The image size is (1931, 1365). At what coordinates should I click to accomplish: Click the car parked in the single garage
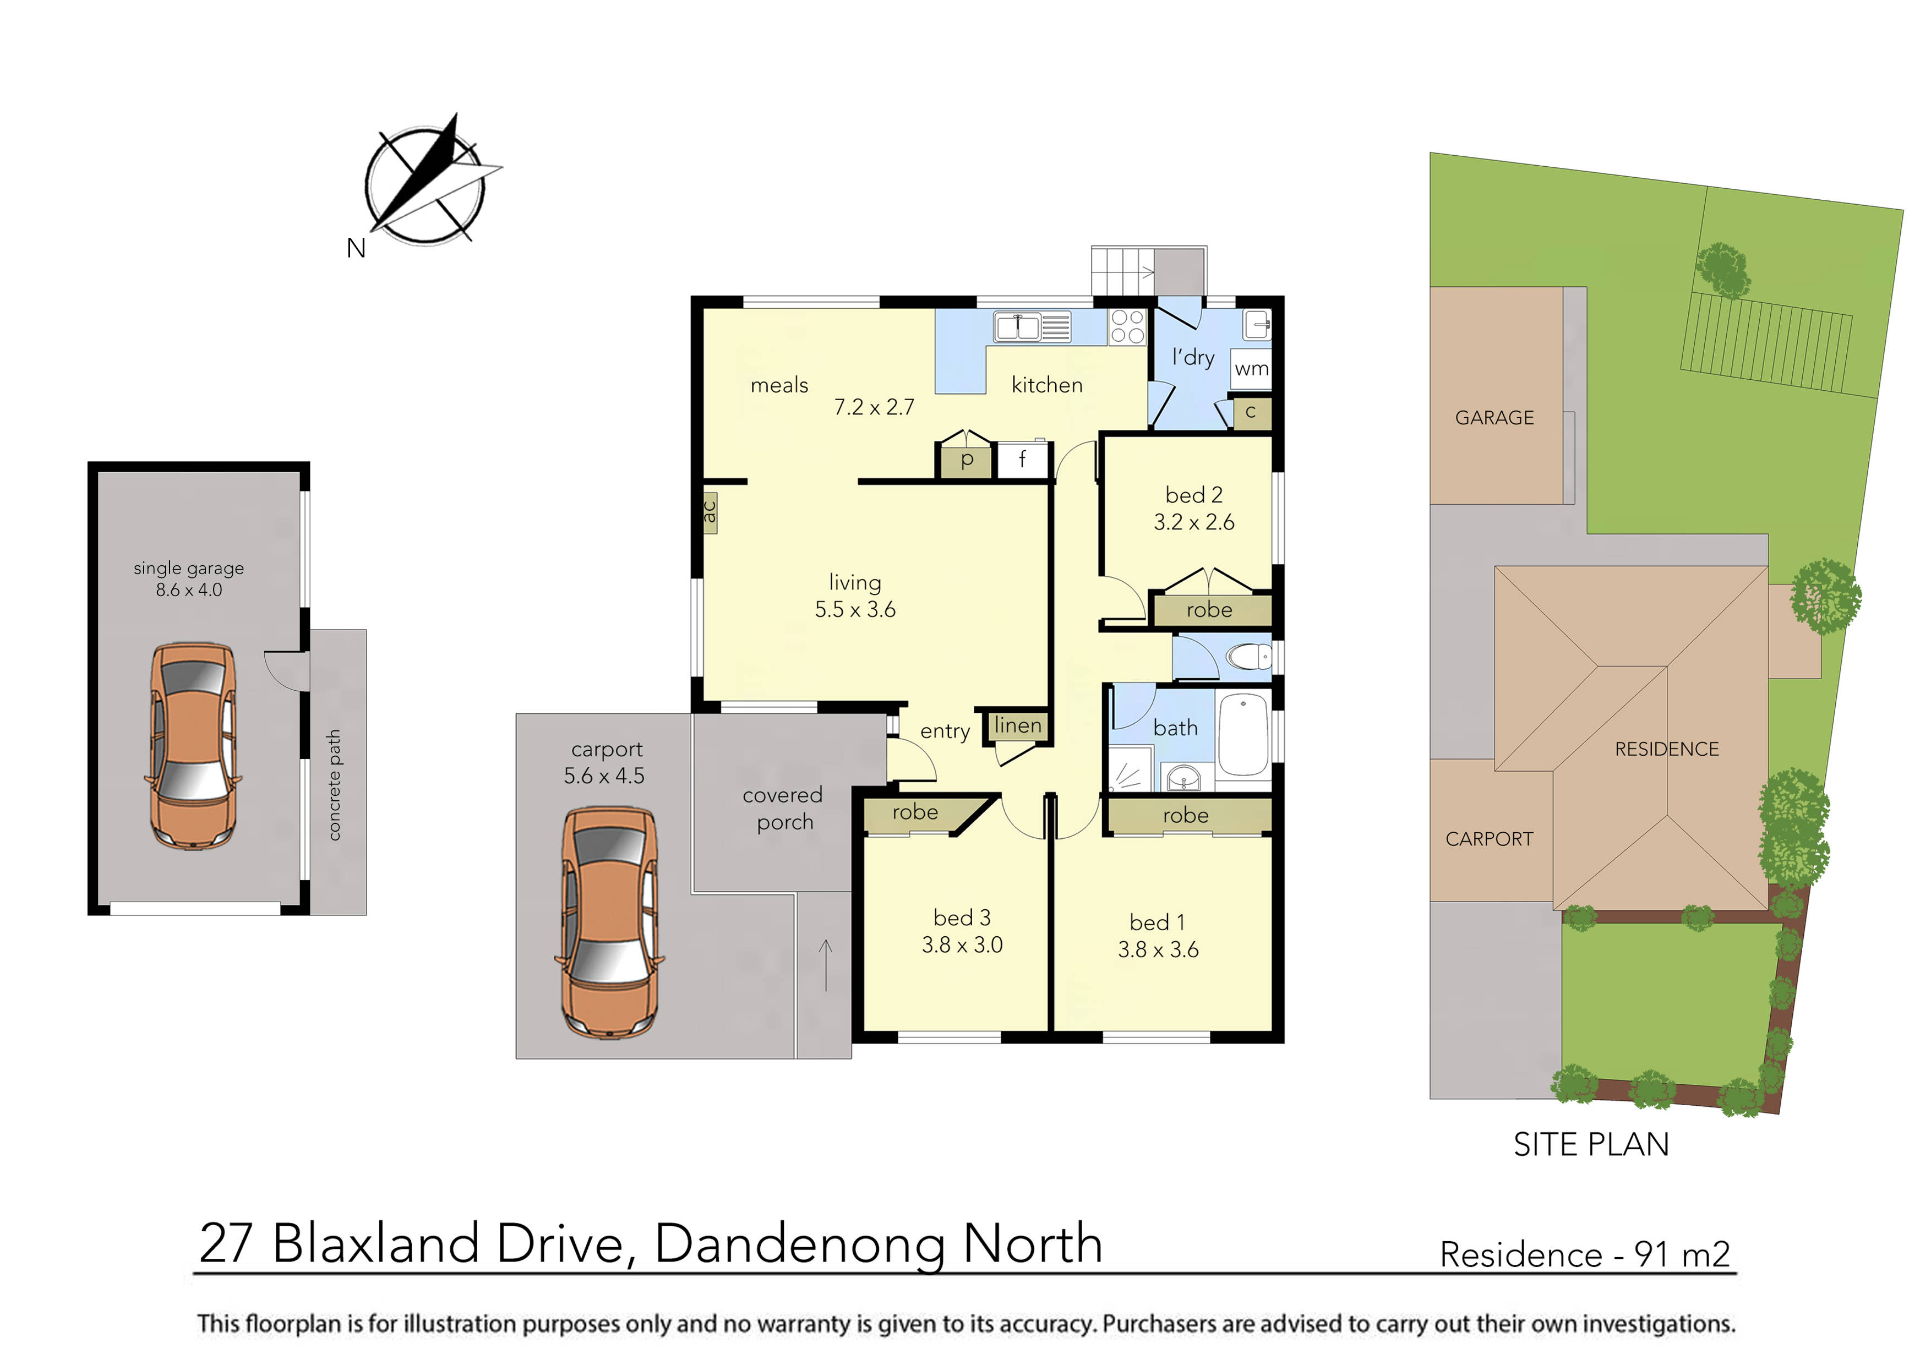(x=193, y=746)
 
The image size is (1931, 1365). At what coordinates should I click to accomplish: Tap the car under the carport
(x=609, y=922)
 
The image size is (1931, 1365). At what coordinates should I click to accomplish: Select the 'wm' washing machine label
(x=1251, y=368)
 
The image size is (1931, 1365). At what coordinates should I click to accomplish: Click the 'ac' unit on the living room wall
(x=710, y=512)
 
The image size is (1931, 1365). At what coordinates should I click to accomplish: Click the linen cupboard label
(x=1018, y=725)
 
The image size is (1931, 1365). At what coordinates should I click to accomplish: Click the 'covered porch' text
(x=783, y=808)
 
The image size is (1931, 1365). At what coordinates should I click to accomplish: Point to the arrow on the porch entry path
(x=826, y=965)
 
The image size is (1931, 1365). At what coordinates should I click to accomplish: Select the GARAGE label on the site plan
(x=1494, y=418)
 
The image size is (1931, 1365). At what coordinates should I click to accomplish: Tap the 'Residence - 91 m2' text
(x=1585, y=1255)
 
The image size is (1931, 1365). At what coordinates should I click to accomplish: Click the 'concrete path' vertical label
(x=335, y=785)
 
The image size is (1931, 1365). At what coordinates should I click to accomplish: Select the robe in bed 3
(x=915, y=812)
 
